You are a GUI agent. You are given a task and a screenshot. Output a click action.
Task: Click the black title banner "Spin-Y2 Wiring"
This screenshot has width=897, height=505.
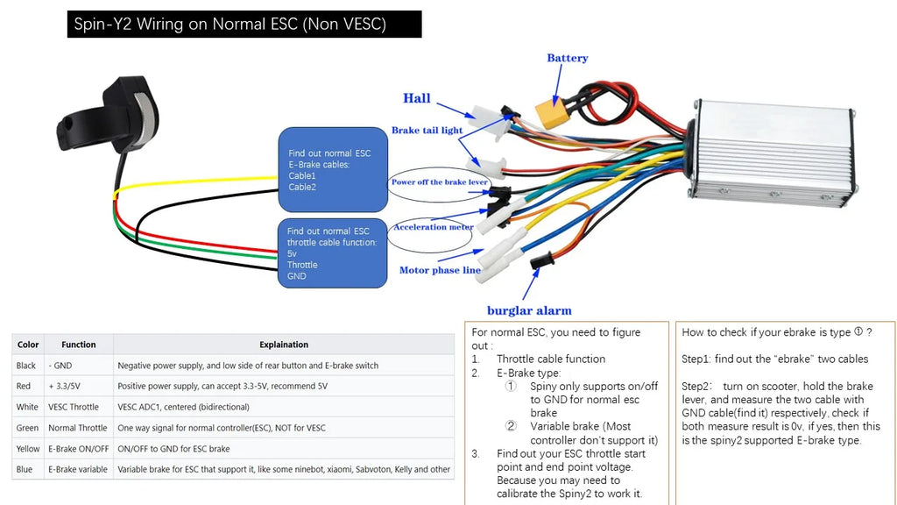(244, 24)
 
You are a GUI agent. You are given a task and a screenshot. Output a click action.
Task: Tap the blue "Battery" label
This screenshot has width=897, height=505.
(567, 58)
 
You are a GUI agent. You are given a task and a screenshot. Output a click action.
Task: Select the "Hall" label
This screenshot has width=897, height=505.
(416, 98)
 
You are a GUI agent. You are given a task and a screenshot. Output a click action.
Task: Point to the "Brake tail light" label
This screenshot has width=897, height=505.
(427, 130)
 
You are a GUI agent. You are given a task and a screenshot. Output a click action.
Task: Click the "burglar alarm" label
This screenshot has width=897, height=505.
(529, 310)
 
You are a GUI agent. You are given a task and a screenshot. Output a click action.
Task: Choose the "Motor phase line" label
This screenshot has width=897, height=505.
(440, 270)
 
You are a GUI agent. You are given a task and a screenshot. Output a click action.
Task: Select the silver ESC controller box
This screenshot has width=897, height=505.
(773, 151)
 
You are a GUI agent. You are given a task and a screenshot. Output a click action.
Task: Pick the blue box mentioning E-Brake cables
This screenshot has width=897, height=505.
(333, 169)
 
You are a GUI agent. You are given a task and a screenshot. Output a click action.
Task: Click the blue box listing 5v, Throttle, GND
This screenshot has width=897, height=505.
(332, 253)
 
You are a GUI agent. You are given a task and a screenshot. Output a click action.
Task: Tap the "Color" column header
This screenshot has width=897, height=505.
(28, 345)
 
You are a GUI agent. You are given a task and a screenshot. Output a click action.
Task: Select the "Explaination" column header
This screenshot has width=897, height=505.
(284, 345)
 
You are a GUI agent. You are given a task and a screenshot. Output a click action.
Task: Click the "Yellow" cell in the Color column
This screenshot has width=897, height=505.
(28, 449)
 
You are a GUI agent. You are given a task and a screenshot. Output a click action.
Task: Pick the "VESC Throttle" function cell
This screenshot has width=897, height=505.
(74, 407)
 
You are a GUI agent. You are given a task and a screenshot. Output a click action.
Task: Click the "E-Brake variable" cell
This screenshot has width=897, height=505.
(78, 470)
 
